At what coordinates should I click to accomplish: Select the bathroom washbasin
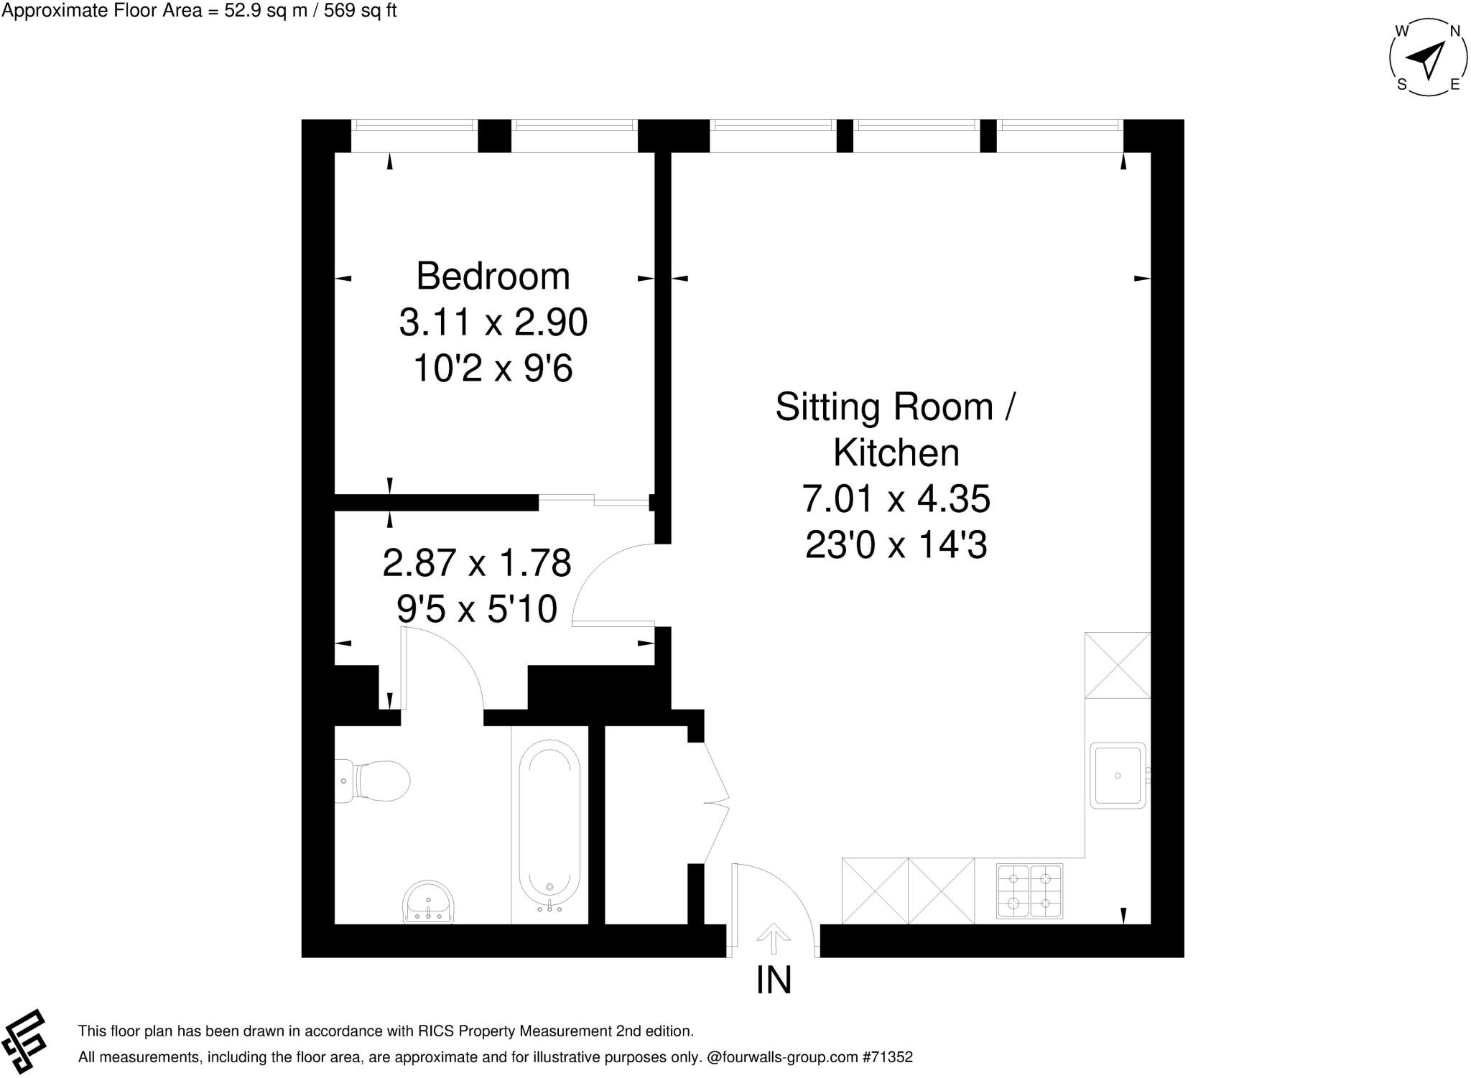(x=428, y=902)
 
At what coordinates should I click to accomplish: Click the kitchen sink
(x=1117, y=776)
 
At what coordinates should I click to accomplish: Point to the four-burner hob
(x=1029, y=891)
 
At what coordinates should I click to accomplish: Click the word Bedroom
(x=493, y=277)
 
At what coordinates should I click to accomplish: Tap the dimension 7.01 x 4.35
(x=896, y=498)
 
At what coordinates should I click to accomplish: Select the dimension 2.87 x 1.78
(x=476, y=562)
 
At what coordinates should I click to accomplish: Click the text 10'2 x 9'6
(x=493, y=369)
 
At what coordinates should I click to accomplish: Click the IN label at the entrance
(x=774, y=980)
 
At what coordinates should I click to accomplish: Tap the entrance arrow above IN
(x=774, y=937)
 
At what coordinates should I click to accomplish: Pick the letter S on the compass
(x=1401, y=85)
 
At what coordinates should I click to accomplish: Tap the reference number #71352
(x=888, y=1057)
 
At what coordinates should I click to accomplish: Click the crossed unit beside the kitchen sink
(x=1117, y=665)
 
